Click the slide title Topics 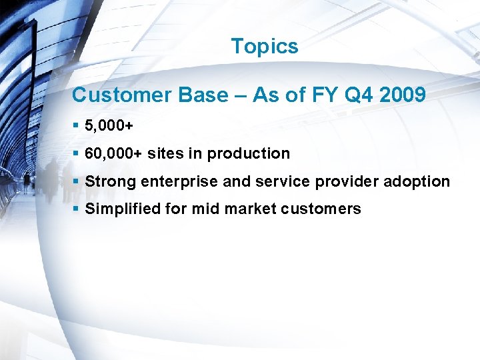(x=265, y=47)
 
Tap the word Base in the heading (x=203, y=95)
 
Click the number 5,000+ (x=110, y=125)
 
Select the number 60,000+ (x=114, y=153)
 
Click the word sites (x=165, y=153)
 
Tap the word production (x=248, y=154)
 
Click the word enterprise (x=175, y=181)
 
